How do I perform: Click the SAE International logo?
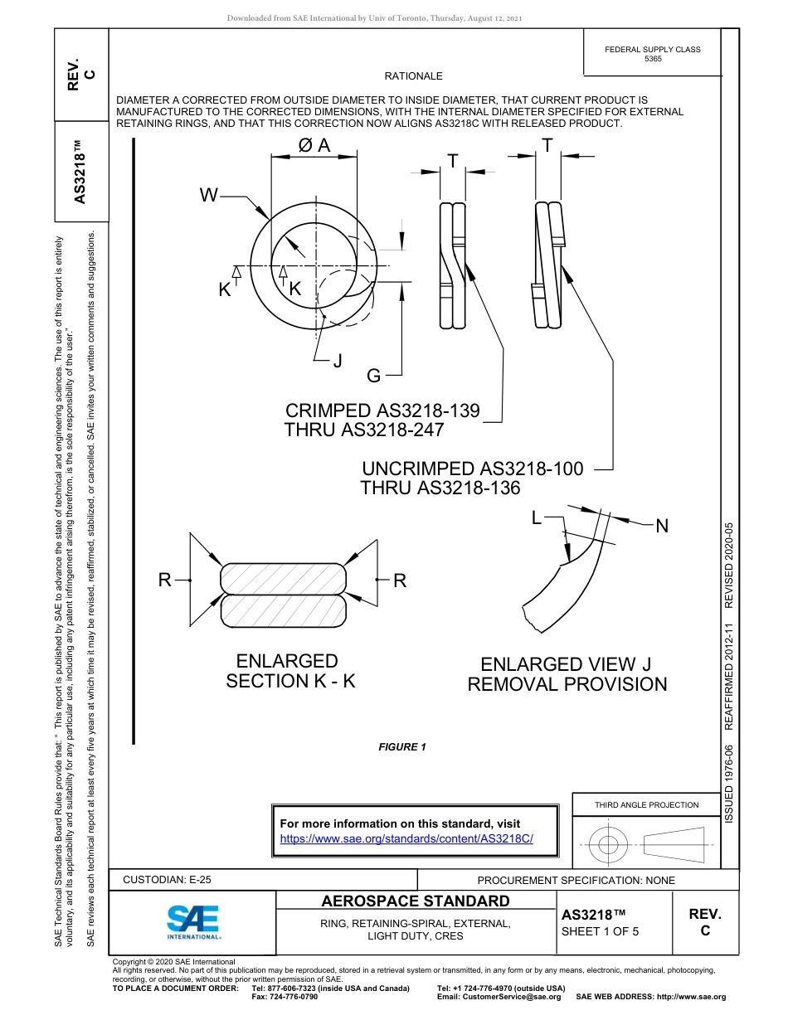click(193, 921)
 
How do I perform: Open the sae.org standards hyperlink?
click(406, 838)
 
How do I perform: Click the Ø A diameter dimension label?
click(314, 145)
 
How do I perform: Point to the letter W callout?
click(208, 196)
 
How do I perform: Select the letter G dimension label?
click(373, 376)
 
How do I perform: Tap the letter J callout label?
click(337, 361)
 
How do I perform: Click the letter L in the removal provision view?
click(537, 518)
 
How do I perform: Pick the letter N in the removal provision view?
click(662, 526)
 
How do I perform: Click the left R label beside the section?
click(165, 580)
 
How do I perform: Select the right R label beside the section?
click(400, 580)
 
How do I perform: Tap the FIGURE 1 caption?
click(402, 747)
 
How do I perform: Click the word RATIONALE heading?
click(413, 76)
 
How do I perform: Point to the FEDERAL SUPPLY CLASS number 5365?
click(653, 59)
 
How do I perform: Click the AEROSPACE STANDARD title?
click(416, 901)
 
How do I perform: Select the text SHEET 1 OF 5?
click(600, 930)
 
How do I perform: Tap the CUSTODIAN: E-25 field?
click(167, 880)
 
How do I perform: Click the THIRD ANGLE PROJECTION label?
click(646, 804)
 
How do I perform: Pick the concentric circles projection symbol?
click(609, 846)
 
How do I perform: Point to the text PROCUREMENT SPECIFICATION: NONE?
click(576, 880)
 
